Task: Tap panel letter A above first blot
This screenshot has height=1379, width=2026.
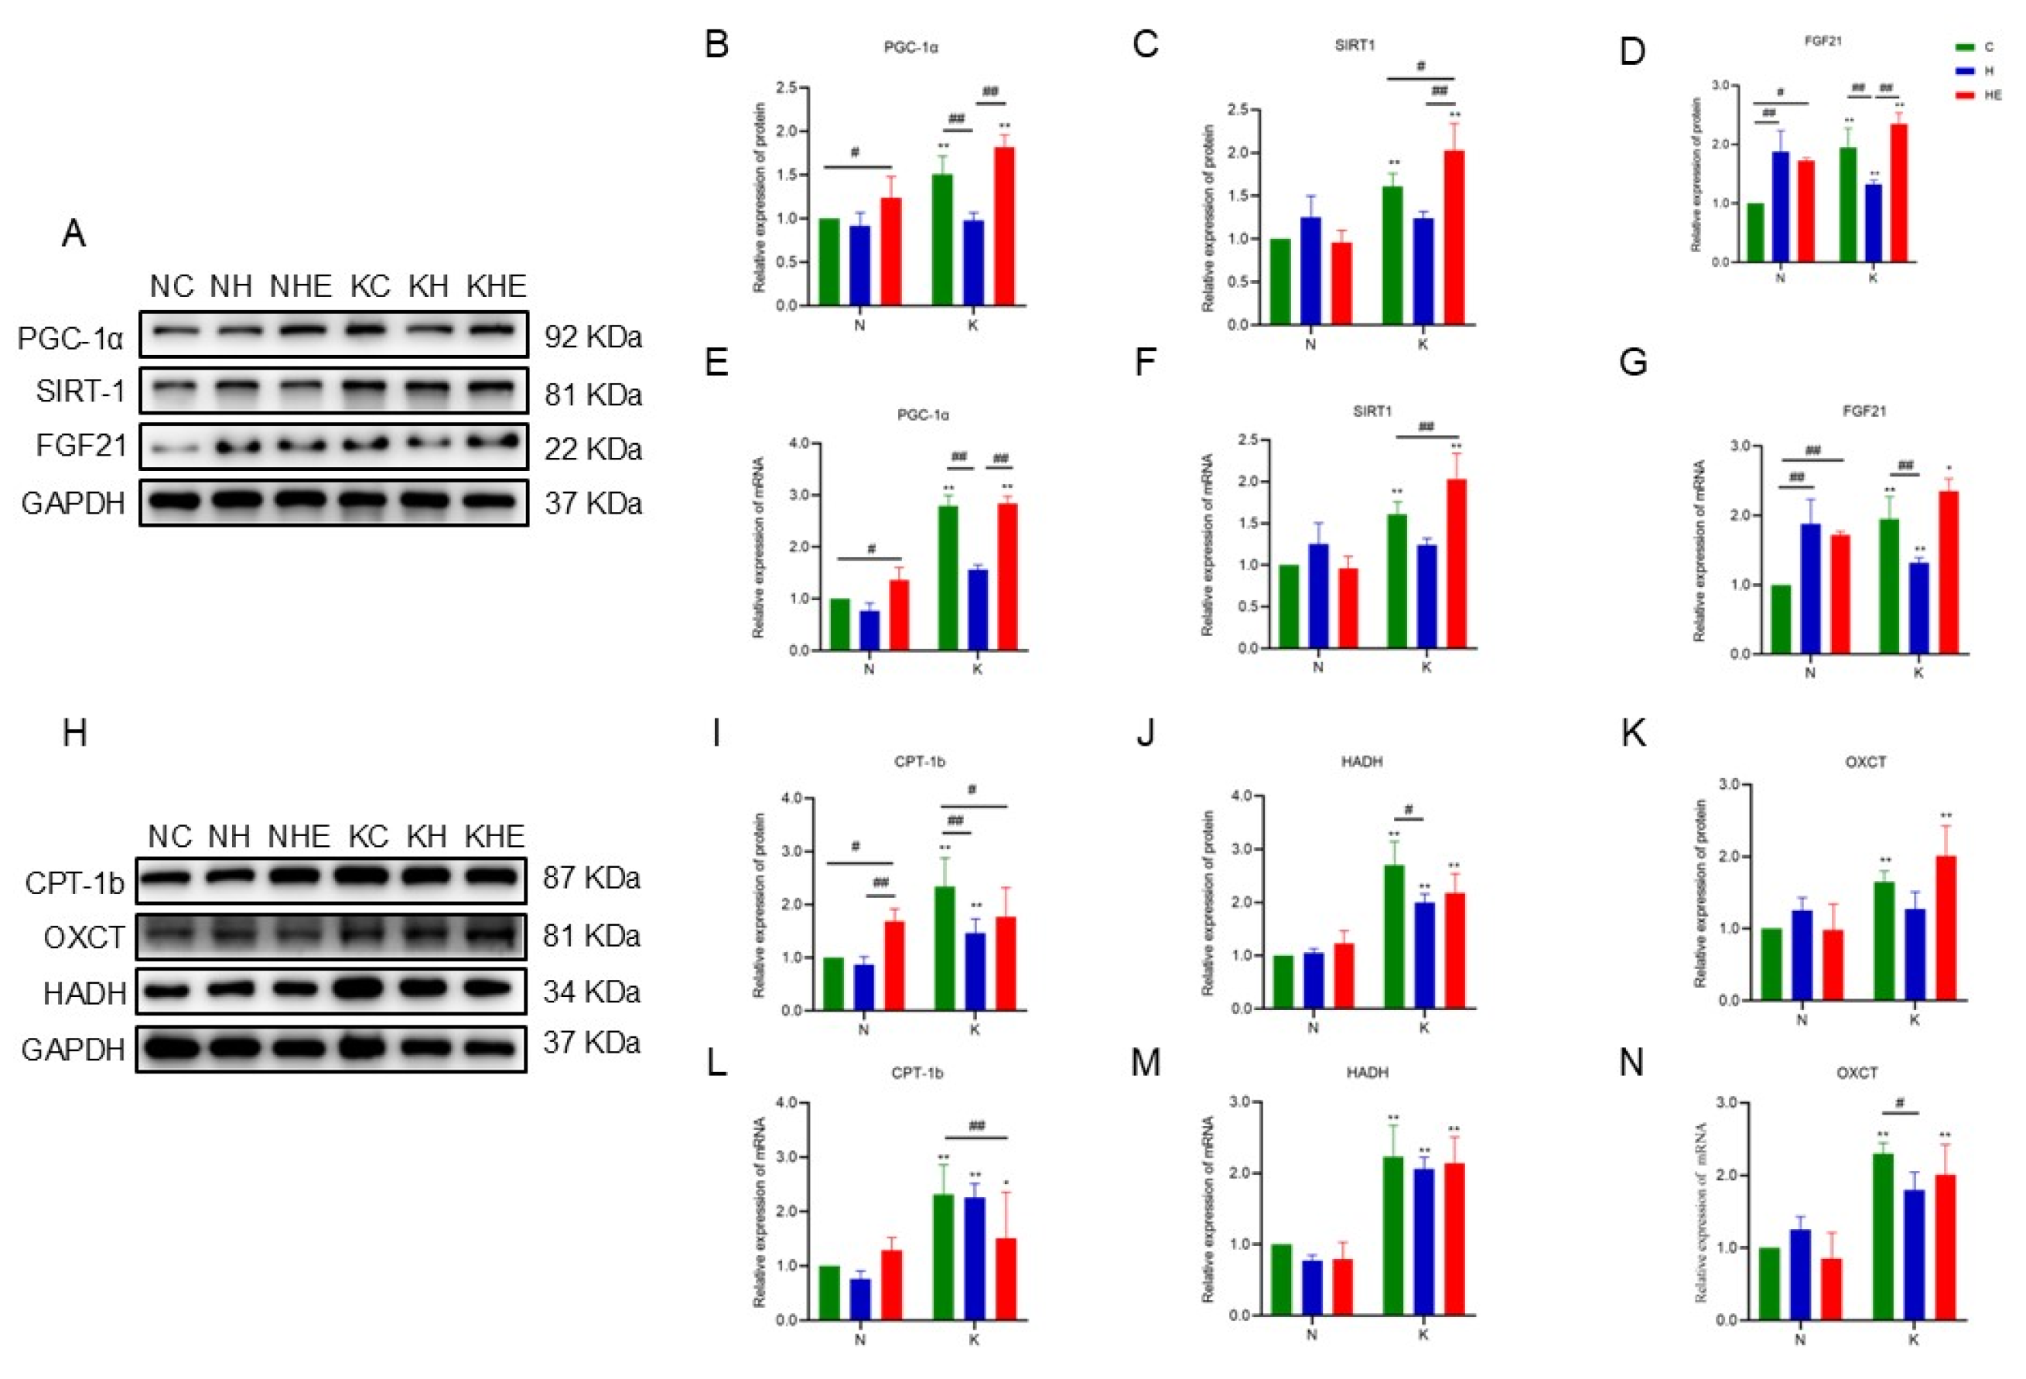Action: [x=74, y=234]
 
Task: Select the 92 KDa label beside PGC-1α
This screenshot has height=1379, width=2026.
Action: [x=593, y=336]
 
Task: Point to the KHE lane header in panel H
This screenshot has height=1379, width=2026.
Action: [x=494, y=837]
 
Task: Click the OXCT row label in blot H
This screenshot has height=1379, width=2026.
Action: [x=84, y=938]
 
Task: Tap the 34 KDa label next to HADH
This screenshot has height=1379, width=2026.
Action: [x=591, y=992]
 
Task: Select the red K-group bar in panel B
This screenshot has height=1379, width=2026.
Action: [x=1004, y=227]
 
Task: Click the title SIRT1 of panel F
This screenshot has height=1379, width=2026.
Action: [x=1372, y=411]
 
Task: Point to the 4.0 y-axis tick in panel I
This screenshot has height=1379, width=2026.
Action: [x=791, y=798]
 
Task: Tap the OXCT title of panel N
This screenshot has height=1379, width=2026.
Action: [x=1856, y=1073]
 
